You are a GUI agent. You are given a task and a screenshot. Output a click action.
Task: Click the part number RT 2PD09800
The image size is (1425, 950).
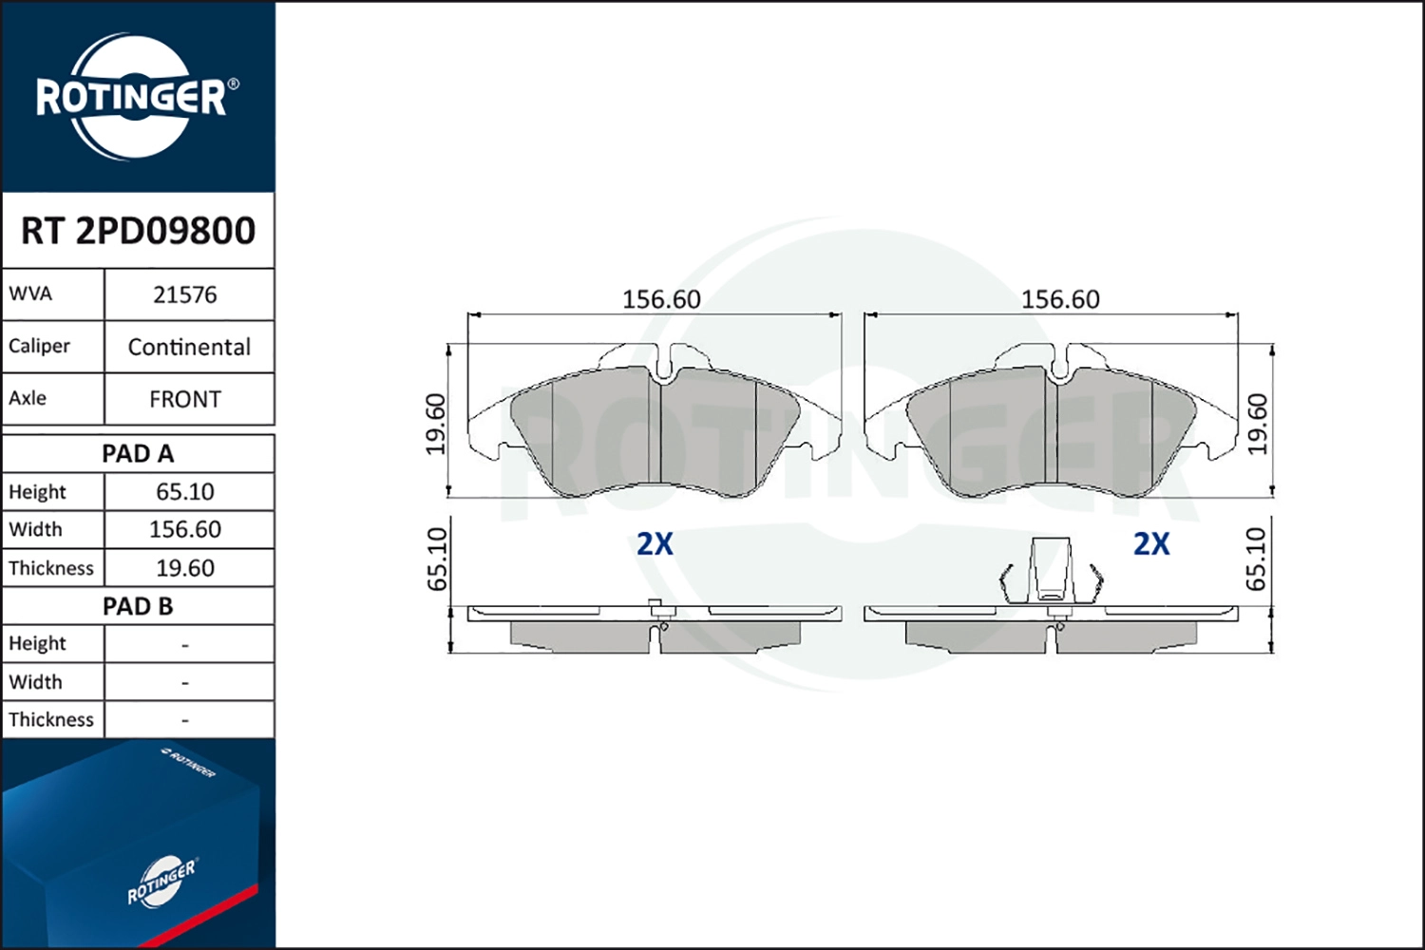[x=138, y=231]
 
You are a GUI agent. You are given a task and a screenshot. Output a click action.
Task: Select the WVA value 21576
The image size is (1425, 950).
[x=185, y=295]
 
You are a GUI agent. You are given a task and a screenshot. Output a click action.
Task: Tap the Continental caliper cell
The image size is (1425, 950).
[x=189, y=347]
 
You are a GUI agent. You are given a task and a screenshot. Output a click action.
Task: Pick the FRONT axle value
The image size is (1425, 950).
[x=185, y=399]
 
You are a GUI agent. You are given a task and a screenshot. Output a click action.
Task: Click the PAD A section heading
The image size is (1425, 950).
[x=138, y=454]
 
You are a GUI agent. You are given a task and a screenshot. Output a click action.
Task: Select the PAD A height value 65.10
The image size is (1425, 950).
[x=185, y=492]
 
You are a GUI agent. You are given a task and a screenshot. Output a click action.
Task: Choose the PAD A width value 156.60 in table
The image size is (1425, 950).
[x=185, y=529]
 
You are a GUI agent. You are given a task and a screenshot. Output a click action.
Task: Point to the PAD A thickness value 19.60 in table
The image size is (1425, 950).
[x=185, y=568]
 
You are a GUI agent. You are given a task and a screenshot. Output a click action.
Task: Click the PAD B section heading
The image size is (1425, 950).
[x=138, y=606]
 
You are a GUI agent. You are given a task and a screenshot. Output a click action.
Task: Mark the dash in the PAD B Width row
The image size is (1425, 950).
[x=185, y=683]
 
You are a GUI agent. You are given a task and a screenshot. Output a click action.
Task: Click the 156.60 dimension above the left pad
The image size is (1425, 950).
[x=661, y=299]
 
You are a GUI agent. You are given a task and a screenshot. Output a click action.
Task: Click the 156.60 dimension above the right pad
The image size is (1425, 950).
[x=1060, y=299]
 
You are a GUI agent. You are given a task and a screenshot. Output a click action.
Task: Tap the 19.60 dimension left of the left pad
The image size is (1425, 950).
[x=435, y=424]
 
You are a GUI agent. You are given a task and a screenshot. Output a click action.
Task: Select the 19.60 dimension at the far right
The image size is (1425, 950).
[x=1257, y=424]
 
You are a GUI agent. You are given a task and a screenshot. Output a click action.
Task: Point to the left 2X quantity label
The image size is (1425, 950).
[x=655, y=543]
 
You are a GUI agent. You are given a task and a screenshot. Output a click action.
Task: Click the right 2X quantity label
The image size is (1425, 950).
[x=1151, y=543]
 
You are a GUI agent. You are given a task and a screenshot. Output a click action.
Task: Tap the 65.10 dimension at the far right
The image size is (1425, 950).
[x=1256, y=560]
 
